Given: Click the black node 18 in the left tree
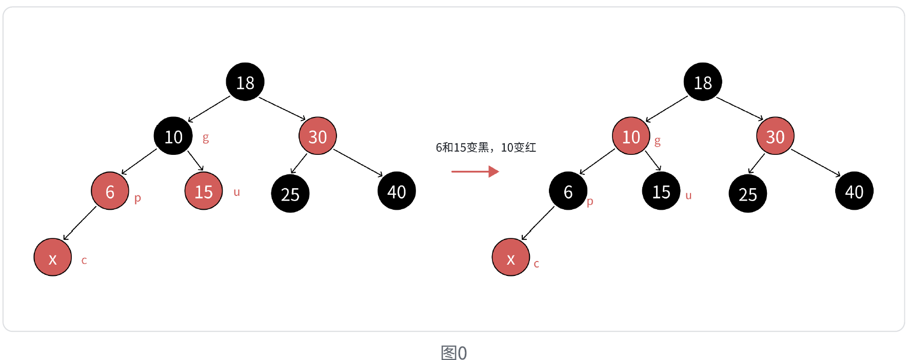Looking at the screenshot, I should [245, 82].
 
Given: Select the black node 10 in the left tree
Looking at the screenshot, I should [173, 136].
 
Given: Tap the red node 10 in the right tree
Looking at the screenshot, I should [631, 136].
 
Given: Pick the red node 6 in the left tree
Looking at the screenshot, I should [110, 191].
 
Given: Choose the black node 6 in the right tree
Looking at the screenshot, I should [568, 191].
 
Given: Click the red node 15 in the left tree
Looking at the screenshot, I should [204, 191].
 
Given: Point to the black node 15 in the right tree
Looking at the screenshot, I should [661, 191].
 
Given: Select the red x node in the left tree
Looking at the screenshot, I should [52, 257].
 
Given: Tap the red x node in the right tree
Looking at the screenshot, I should [510, 257].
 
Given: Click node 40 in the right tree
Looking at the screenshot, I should [854, 191].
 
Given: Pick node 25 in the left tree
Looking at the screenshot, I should [290, 194].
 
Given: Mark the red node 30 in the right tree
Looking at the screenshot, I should [775, 136].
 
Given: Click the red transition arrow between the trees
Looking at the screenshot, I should [475, 171].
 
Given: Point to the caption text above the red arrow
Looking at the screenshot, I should [486, 148].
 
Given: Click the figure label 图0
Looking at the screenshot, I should [454, 353].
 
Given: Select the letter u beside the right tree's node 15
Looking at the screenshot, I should [688, 195].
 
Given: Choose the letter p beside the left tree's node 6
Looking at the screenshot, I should [137, 198].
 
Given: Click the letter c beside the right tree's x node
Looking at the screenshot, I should [537, 264].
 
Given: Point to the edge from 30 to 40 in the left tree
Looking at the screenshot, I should [358, 163].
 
